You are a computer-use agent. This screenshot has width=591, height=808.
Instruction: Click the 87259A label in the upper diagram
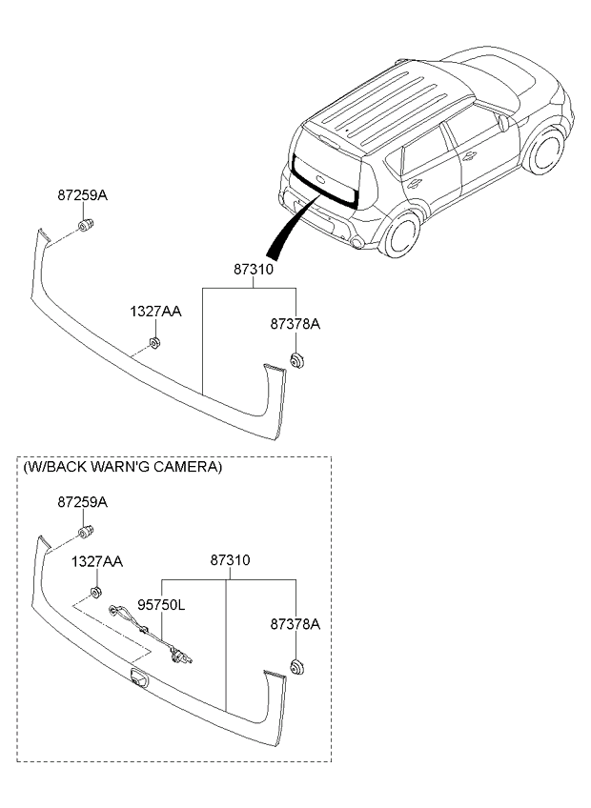82,195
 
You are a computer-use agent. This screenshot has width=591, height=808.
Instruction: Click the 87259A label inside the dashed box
82,501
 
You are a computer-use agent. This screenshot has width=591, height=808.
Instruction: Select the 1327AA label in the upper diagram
155,312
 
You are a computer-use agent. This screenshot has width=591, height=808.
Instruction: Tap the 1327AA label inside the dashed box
96,562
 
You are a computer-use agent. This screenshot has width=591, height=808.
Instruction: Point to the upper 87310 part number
254,270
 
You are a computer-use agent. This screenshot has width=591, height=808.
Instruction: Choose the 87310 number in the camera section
229,561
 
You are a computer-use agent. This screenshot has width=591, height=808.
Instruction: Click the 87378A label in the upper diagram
295,324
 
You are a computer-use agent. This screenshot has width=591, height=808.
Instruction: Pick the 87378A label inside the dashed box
295,624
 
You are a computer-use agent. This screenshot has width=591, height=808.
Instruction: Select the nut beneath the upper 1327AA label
155,342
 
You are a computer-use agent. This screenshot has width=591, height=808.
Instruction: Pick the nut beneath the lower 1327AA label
95,593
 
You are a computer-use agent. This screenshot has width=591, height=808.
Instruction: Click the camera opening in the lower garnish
140,677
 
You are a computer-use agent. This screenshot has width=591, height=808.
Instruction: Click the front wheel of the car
545,154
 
